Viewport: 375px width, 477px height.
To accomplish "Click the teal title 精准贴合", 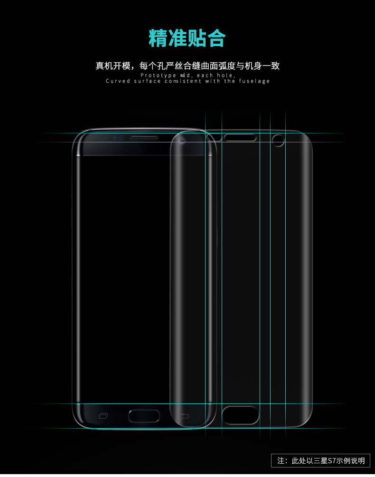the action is click(x=187, y=38).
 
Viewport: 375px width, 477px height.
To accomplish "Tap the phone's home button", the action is click(x=144, y=416).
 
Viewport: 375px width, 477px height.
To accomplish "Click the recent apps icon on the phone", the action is click(x=103, y=416).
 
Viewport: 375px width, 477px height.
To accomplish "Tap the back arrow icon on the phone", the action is click(x=184, y=416).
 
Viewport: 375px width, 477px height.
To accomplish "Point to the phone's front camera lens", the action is click(x=182, y=140).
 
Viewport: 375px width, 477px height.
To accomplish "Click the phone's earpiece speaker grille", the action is click(x=144, y=138).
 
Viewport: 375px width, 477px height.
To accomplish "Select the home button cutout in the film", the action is click(x=241, y=415).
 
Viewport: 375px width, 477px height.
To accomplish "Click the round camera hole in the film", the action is click(x=278, y=140).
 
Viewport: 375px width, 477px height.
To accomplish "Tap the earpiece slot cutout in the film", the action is click(x=240, y=138).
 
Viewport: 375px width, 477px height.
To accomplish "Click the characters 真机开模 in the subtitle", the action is click(x=113, y=65).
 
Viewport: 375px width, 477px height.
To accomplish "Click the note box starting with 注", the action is click(x=320, y=460).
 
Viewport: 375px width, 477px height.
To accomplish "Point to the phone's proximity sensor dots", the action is click(x=118, y=138).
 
